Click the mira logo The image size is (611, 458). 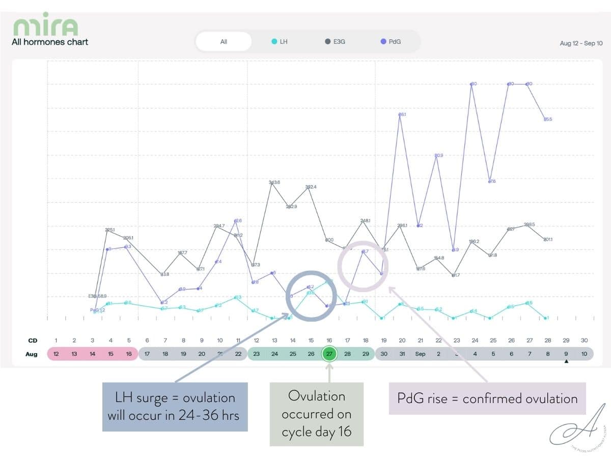(45, 26)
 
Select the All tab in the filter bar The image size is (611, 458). (224, 42)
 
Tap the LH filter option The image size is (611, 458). (280, 42)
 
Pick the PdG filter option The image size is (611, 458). (391, 42)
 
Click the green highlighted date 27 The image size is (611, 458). (329, 354)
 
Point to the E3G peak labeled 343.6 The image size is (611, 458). (272, 183)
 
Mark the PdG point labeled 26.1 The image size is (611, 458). (400, 115)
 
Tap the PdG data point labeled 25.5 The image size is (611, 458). (545, 119)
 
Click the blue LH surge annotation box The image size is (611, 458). (175, 407)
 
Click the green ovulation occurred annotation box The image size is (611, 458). (316, 414)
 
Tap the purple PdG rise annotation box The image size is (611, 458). (487, 398)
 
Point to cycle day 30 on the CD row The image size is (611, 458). (584, 340)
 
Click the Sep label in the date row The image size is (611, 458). (420, 354)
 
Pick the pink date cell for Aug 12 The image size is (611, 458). (56, 354)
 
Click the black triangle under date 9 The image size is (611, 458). (566, 362)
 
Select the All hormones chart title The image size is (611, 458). (50, 42)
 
